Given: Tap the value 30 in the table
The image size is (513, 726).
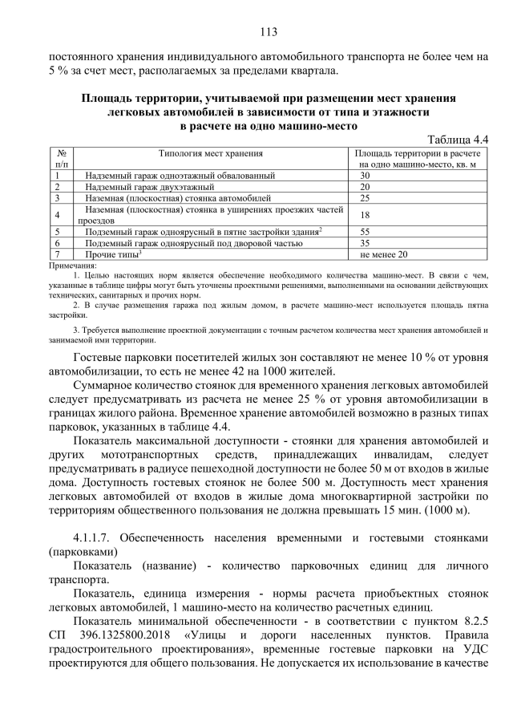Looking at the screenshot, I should click(366, 175).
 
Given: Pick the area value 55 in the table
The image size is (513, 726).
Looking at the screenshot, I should click(366, 230).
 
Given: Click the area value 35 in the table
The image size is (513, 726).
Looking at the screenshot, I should click(366, 241).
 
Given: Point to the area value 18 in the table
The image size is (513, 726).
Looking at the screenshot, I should click(366, 214).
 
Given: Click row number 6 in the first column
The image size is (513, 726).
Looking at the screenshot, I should click(58, 241).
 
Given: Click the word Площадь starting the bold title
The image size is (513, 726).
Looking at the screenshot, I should click(107, 98).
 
